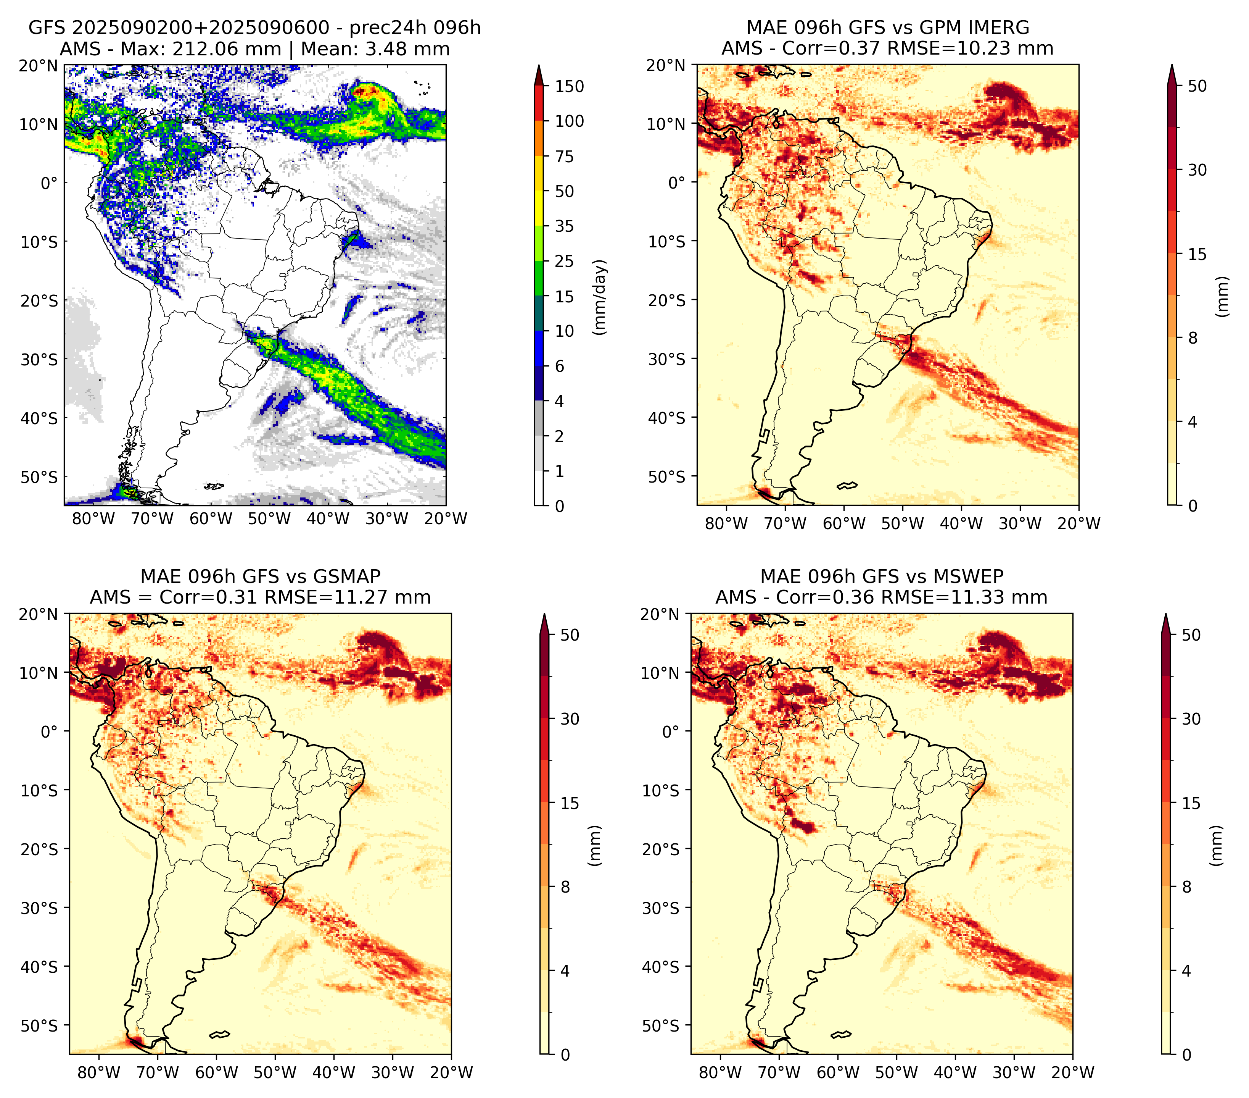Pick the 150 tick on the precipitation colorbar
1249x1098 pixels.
click(x=570, y=86)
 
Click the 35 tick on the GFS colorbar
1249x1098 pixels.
click(x=565, y=226)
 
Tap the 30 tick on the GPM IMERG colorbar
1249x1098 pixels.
click(x=1197, y=170)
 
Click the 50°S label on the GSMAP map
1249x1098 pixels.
click(x=39, y=1025)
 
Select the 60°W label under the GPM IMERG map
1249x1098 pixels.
click(x=845, y=523)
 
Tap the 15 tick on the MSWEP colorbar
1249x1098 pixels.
click(x=1191, y=803)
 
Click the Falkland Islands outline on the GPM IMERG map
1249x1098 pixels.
click(x=847, y=485)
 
